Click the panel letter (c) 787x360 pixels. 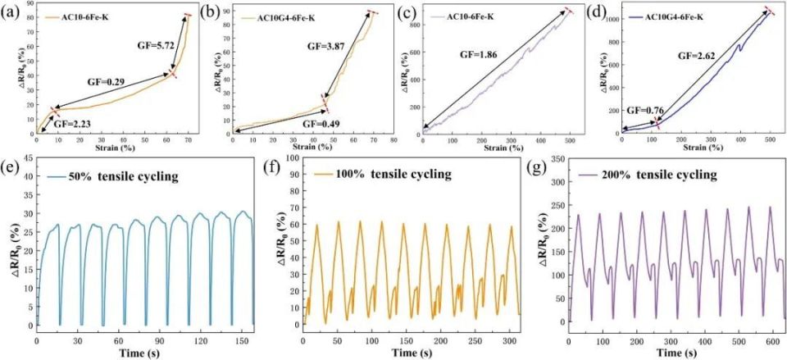408,11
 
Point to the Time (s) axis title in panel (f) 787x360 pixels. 405,352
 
